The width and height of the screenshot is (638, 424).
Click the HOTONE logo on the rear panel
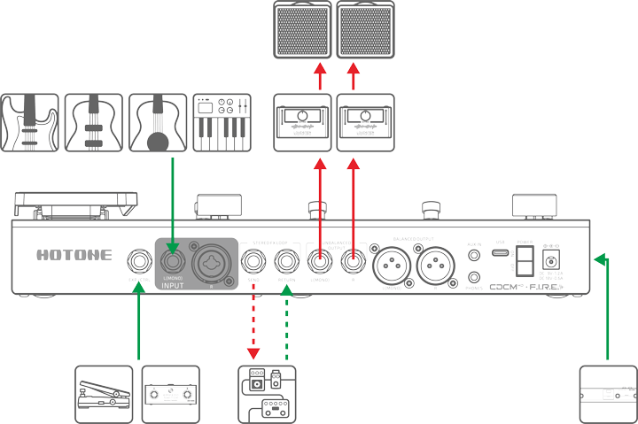75,255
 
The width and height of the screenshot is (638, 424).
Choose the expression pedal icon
104,393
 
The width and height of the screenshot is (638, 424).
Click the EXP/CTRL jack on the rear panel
139,262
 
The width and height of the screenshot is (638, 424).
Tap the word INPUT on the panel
176,286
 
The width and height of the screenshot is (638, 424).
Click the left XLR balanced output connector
391,263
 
